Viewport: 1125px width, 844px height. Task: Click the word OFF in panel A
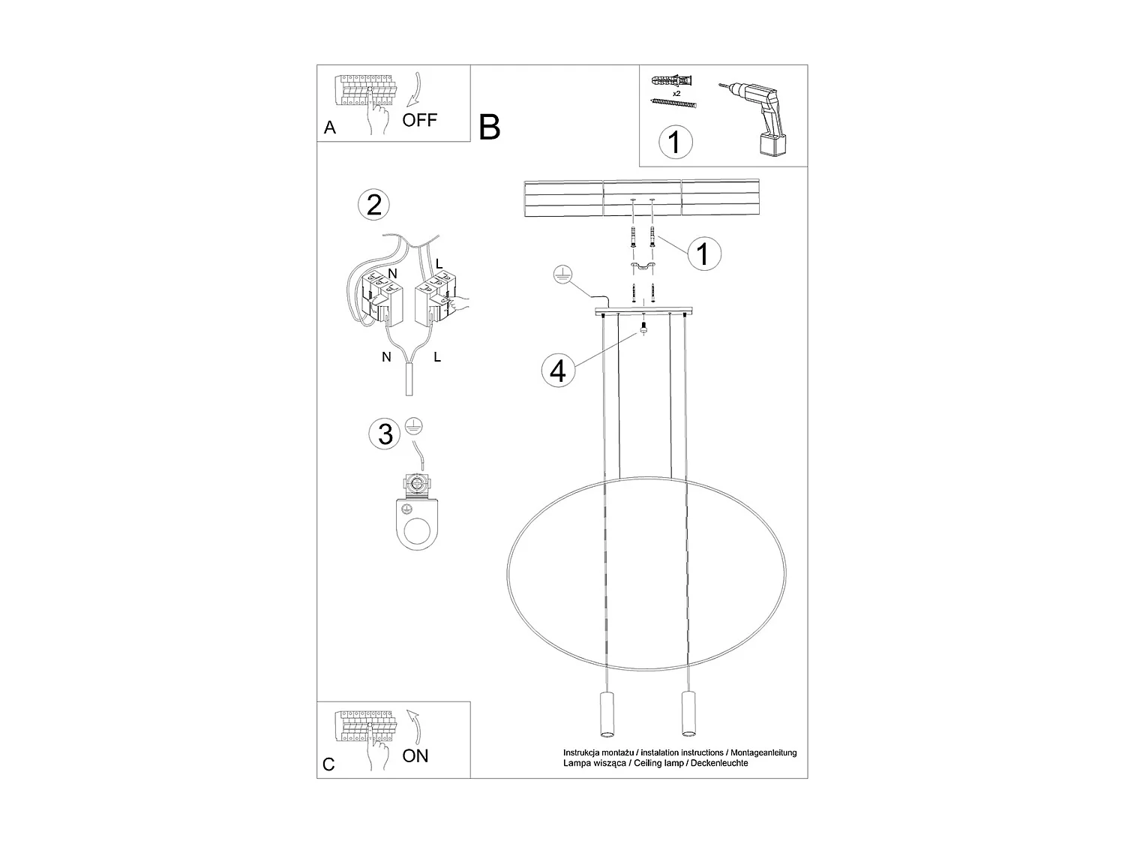[x=419, y=120]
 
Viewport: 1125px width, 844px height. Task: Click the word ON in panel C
[x=415, y=755]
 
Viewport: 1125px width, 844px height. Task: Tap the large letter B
[x=489, y=128]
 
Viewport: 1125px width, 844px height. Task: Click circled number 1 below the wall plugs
[x=675, y=142]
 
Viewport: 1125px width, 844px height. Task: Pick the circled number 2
[x=374, y=205]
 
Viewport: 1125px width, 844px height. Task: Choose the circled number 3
[x=385, y=434]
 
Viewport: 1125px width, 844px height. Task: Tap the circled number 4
[x=557, y=371]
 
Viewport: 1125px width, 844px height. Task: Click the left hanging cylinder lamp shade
[x=606, y=714]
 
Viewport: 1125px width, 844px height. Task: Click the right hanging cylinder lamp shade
[x=685, y=714]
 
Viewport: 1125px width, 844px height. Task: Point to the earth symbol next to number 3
[x=411, y=425]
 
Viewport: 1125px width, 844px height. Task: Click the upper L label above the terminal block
[x=439, y=264]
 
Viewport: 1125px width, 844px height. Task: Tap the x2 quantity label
[x=676, y=94]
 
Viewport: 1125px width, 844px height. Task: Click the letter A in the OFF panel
[x=330, y=128]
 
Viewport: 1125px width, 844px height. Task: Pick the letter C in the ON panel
[x=328, y=764]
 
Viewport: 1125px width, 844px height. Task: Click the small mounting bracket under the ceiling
[x=642, y=268]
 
